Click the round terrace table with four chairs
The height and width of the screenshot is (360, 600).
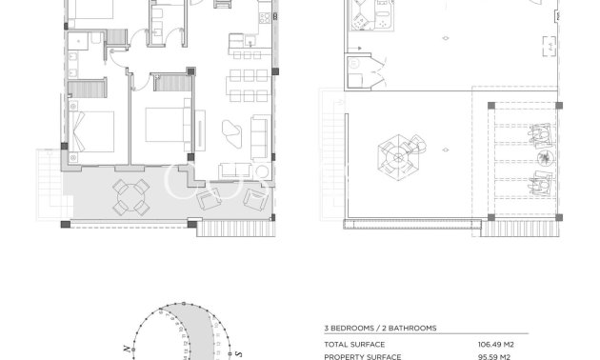point(130,196)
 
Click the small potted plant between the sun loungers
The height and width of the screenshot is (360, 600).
point(544,159)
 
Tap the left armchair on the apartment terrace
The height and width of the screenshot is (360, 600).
point(208,201)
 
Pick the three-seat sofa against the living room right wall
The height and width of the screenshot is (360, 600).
point(260,137)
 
